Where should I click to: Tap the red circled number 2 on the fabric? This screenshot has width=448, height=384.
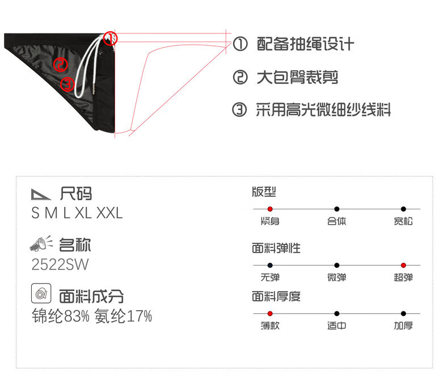click(x=61, y=64)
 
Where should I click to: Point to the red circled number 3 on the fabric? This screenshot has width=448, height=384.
click(x=67, y=85)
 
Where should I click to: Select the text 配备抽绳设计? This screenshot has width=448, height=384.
click(x=305, y=44)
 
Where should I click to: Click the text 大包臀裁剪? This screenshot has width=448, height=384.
click(x=297, y=77)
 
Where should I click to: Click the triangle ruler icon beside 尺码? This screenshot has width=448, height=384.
click(x=41, y=194)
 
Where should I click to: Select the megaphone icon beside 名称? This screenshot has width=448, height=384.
click(x=41, y=244)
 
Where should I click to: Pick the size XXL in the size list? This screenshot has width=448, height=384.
click(x=109, y=213)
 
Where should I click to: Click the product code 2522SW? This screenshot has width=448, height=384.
click(x=60, y=264)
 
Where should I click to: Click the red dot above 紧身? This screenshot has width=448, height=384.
click(x=270, y=209)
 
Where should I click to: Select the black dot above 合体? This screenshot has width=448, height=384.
click(x=337, y=209)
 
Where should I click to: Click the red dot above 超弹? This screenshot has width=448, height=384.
click(x=403, y=265)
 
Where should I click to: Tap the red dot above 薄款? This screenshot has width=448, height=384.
click(x=270, y=314)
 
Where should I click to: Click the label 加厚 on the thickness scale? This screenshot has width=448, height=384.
click(x=403, y=326)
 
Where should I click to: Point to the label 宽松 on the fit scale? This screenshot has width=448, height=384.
click(x=403, y=221)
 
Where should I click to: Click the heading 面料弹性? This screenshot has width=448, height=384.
click(x=276, y=248)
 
